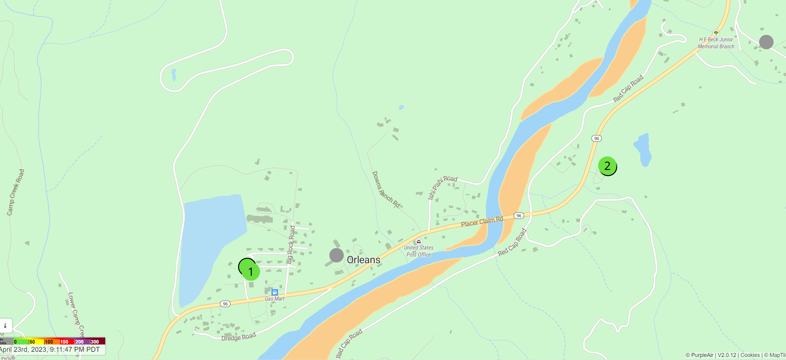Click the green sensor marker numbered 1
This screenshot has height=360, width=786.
[251, 271]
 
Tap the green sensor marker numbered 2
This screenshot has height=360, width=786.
[607, 166]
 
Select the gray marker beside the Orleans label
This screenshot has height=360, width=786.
[336, 255]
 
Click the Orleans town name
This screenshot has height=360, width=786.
[363, 260]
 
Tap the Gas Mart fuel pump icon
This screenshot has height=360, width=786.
[275, 292]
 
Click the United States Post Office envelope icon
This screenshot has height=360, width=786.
[419, 241]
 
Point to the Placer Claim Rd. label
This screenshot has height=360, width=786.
[482, 221]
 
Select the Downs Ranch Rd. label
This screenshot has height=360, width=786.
[386, 189]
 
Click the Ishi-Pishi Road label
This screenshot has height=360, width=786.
[442, 186]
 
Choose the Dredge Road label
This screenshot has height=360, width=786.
[238, 337]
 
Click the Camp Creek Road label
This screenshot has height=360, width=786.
[15, 192]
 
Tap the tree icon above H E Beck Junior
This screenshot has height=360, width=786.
[716, 33]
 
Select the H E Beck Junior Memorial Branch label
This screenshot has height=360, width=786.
[716, 43]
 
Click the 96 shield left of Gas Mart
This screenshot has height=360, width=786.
[225, 303]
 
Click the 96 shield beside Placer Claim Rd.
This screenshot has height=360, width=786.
[519, 216]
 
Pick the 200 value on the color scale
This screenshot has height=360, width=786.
[79, 342]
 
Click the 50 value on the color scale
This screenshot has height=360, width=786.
[32, 342]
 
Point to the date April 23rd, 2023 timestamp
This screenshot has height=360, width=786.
[50, 350]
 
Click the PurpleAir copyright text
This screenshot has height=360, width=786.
[699, 355]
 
